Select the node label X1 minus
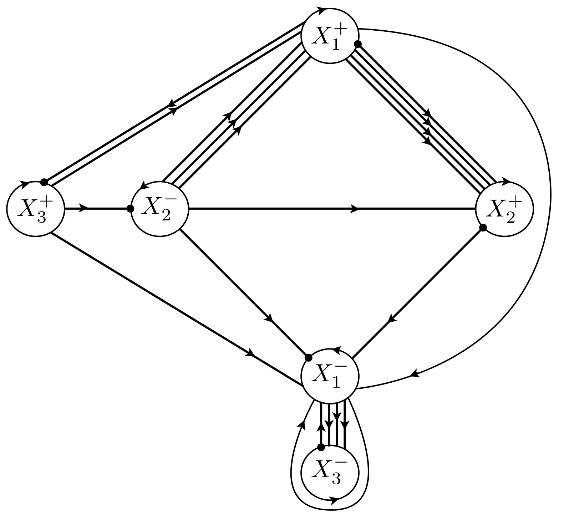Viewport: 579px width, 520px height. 329,377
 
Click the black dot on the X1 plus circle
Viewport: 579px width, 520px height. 357,44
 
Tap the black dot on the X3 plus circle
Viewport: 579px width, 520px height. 44,182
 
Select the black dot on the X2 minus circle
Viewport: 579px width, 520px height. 131,209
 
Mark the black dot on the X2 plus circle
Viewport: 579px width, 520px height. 483,228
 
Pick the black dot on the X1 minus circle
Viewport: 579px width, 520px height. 309,357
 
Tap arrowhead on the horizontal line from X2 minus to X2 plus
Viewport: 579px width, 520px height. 355,209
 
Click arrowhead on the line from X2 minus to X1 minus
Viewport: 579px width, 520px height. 270,317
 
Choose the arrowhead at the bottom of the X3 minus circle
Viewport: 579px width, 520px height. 334,501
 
